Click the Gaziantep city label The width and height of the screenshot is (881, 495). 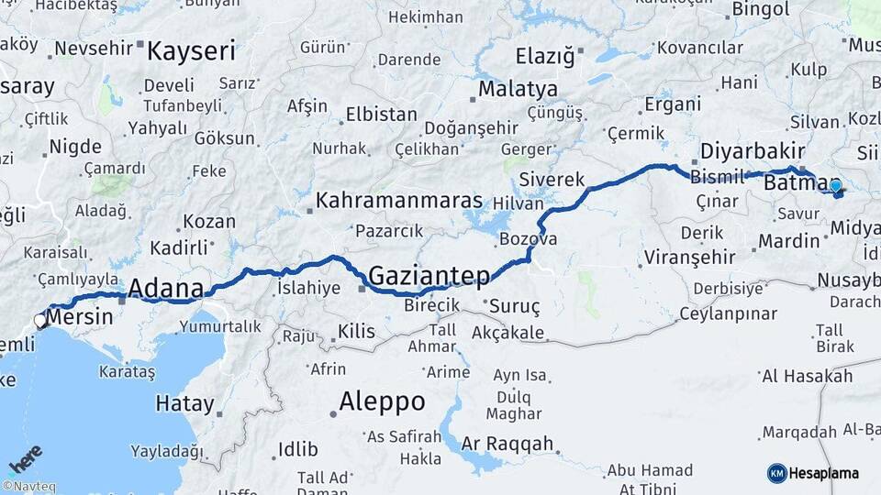point(429,274)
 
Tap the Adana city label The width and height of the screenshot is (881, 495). point(166,288)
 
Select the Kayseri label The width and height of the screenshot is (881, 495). point(191,50)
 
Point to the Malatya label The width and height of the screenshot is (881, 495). point(518,89)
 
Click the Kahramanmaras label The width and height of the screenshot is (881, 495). point(399,200)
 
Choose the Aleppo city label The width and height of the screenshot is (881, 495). point(382,401)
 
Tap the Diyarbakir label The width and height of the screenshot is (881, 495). point(752,151)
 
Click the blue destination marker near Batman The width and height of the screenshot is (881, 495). point(835,186)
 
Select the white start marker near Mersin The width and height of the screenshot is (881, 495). point(40,321)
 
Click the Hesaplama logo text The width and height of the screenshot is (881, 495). point(824,473)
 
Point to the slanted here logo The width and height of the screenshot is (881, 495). point(26,458)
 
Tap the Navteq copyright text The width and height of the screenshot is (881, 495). point(28,487)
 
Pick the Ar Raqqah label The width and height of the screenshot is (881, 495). point(508,445)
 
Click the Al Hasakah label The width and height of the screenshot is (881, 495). point(803,376)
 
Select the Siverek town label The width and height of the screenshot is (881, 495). point(552,179)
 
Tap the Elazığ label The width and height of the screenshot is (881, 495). point(545,56)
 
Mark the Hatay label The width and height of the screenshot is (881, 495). point(184,403)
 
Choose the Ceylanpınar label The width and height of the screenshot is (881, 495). point(728,313)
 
